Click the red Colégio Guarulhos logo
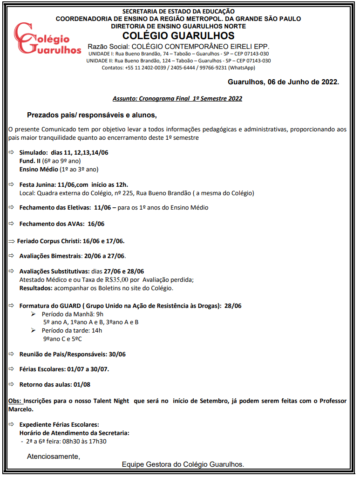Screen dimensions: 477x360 (47, 40)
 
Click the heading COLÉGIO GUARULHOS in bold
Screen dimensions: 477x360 (178, 36)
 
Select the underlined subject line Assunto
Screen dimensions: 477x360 (177, 99)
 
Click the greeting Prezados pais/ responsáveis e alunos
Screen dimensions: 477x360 (92, 115)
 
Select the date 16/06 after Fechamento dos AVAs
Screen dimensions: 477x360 (96, 224)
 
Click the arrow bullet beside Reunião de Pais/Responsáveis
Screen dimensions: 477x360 (12, 354)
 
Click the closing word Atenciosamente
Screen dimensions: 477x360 (53, 456)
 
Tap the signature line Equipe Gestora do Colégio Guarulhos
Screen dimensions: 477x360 (183, 464)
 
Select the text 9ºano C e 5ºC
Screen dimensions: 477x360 (62, 339)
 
